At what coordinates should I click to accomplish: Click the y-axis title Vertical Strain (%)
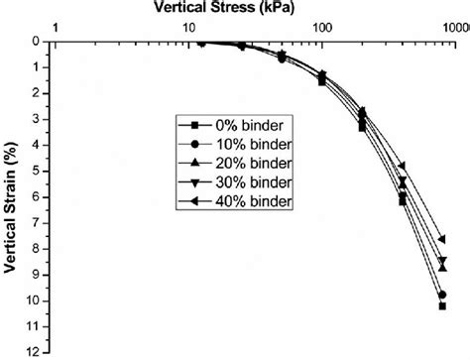click(12, 193)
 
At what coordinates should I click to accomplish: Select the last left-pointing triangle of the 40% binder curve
click(441, 239)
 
